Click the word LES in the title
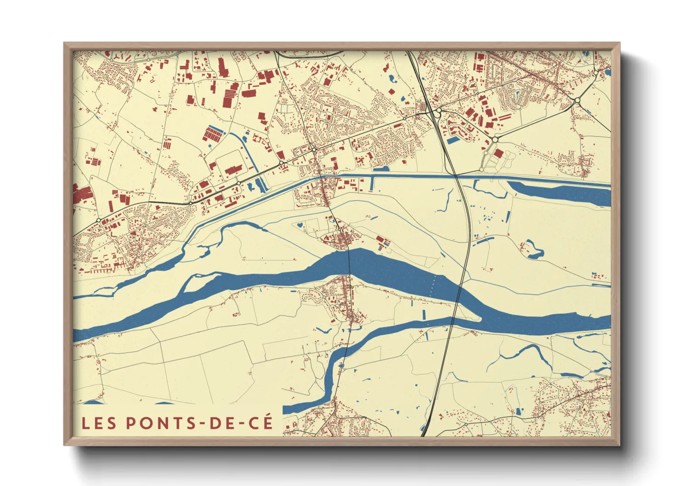click(x=99, y=423)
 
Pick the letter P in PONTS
click(x=131, y=423)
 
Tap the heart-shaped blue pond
click(x=300, y=225)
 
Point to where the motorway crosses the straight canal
click(x=455, y=176)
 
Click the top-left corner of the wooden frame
click(x=65, y=44)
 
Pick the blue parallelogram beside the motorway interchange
click(x=453, y=140)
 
